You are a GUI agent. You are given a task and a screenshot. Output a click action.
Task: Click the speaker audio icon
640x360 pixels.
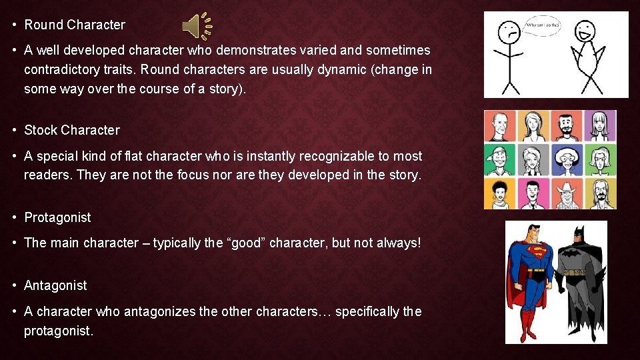(197, 25)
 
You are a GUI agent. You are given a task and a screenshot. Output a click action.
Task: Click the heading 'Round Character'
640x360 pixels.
(75, 25)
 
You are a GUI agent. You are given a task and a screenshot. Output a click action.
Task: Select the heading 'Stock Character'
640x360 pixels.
(72, 130)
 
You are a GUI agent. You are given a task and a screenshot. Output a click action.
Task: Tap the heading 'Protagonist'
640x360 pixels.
(57, 217)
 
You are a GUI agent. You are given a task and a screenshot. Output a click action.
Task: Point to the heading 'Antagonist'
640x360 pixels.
(55, 285)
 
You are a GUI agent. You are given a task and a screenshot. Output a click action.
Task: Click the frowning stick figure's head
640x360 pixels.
(511, 29)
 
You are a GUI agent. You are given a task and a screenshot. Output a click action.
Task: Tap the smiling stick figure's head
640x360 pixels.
(586, 30)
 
